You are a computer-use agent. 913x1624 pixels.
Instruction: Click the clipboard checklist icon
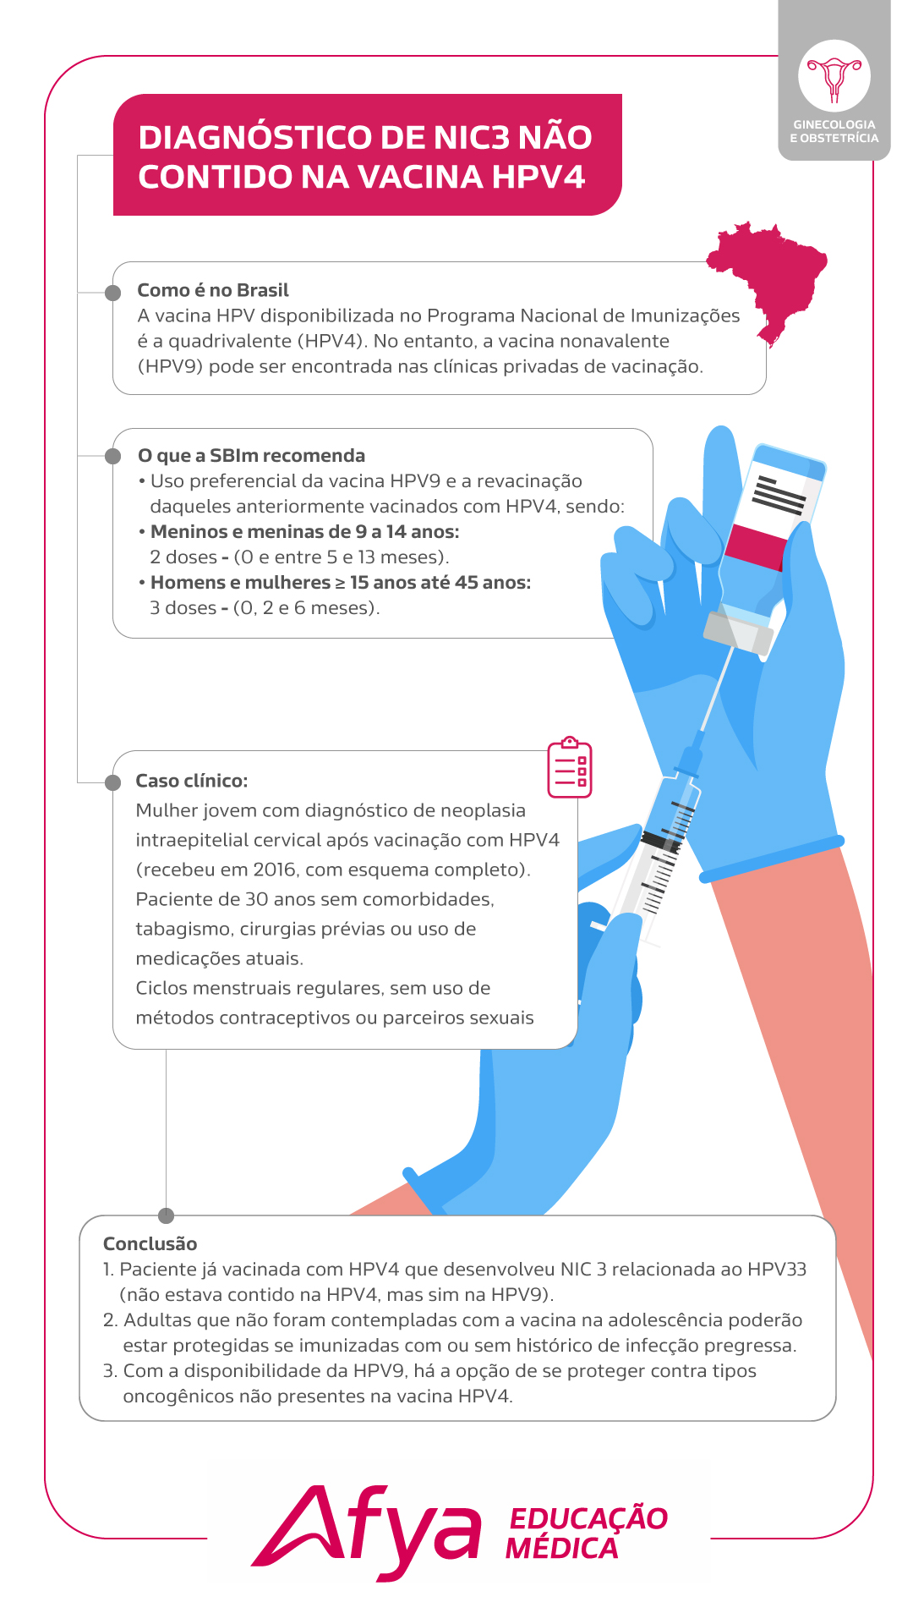570,767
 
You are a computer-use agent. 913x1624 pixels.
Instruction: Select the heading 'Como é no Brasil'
213,290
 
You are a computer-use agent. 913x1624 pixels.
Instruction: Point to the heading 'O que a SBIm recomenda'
251,456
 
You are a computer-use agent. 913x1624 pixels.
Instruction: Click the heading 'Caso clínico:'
192,781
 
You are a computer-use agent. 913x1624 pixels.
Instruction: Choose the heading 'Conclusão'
150,1243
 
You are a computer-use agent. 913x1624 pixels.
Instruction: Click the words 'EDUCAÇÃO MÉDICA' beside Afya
587,1533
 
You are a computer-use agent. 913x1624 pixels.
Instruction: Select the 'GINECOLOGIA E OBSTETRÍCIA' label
834,131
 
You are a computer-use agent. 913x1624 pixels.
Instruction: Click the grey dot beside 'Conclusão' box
166,1215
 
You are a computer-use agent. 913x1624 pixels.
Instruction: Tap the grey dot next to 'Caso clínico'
113,782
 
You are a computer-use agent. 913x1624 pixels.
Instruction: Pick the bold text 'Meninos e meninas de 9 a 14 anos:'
305,532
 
